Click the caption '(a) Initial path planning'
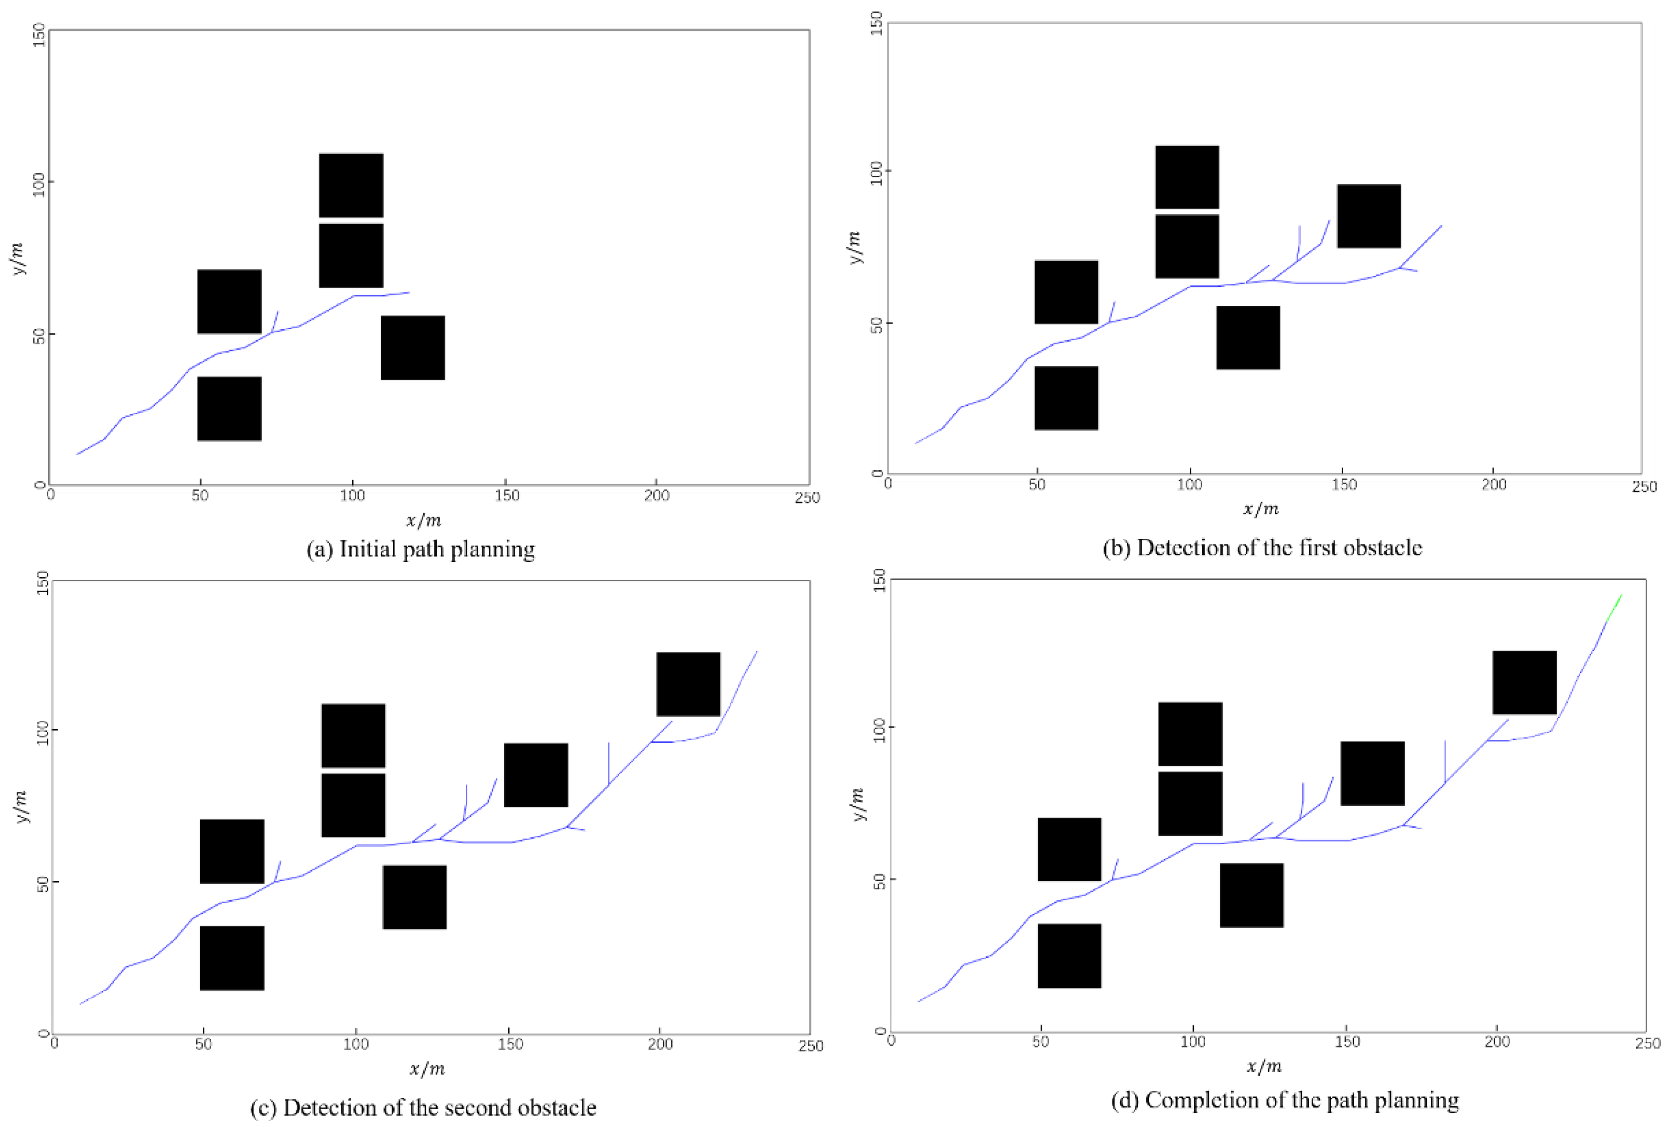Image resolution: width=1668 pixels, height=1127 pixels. tap(421, 550)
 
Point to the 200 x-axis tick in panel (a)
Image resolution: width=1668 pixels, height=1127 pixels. tap(656, 495)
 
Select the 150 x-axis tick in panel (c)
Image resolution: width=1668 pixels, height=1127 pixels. tap(510, 1044)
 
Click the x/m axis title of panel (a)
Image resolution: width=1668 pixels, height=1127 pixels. tap(423, 520)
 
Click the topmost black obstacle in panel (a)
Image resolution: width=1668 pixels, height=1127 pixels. tap(351, 185)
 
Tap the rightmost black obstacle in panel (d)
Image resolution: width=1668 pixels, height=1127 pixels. tap(1524, 683)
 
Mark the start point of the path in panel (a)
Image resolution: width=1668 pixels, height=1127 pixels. tap(77, 453)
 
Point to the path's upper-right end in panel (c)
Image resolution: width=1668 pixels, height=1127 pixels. tap(756, 652)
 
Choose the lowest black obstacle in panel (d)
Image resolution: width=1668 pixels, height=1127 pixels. tap(1069, 956)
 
